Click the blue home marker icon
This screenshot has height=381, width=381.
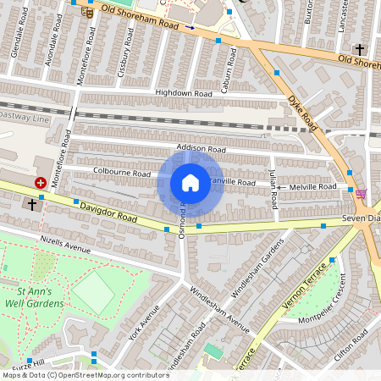click(190, 183)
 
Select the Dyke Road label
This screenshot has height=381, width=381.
click(301, 109)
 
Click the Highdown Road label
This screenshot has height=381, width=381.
click(183, 93)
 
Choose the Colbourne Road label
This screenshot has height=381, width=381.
click(122, 172)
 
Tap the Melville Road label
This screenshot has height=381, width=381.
click(312, 186)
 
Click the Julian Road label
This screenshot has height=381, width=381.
click(273, 189)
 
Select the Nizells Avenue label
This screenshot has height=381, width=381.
click(65, 245)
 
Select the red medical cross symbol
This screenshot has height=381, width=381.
click(40, 182)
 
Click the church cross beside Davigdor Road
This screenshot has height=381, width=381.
click(32, 204)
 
